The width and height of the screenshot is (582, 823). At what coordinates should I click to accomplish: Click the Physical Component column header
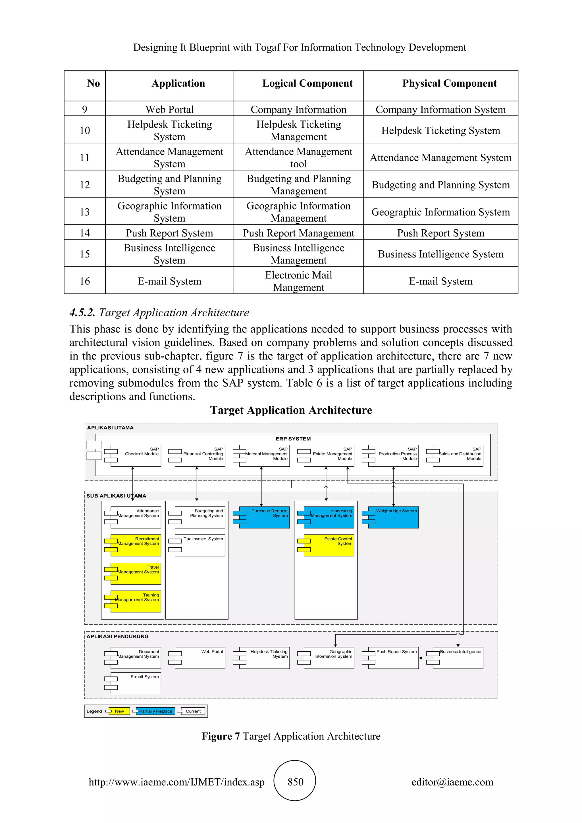pyautogui.click(x=449, y=84)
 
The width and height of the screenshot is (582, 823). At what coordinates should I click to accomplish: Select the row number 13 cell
pyautogui.click(x=85, y=212)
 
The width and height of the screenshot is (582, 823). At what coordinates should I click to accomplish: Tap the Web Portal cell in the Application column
pyautogui.click(x=169, y=109)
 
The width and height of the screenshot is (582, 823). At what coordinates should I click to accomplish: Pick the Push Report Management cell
pyautogui.click(x=298, y=233)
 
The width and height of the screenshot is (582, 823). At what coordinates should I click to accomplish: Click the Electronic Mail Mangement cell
pyautogui.click(x=298, y=281)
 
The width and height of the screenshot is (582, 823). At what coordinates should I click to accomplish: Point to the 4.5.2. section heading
pyautogui.click(x=159, y=313)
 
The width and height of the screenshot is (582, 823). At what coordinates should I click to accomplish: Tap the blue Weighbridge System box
pyautogui.click(x=393, y=518)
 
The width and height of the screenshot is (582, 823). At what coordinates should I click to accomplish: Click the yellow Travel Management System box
pyautogui.click(x=136, y=574)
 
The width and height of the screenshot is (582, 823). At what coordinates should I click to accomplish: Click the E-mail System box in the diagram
pyautogui.click(x=136, y=683)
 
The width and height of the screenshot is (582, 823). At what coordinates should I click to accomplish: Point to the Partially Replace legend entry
pyautogui.click(x=155, y=711)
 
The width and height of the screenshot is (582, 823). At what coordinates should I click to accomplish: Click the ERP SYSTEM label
pyautogui.click(x=293, y=439)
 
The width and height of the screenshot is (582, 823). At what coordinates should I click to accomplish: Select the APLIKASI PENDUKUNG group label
pyautogui.click(x=118, y=636)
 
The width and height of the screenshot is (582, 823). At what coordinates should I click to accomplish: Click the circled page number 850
pyautogui.click(x=295, y=782)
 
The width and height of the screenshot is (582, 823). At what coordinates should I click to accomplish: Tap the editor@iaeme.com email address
pyautogui.click(x=452, y=782)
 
